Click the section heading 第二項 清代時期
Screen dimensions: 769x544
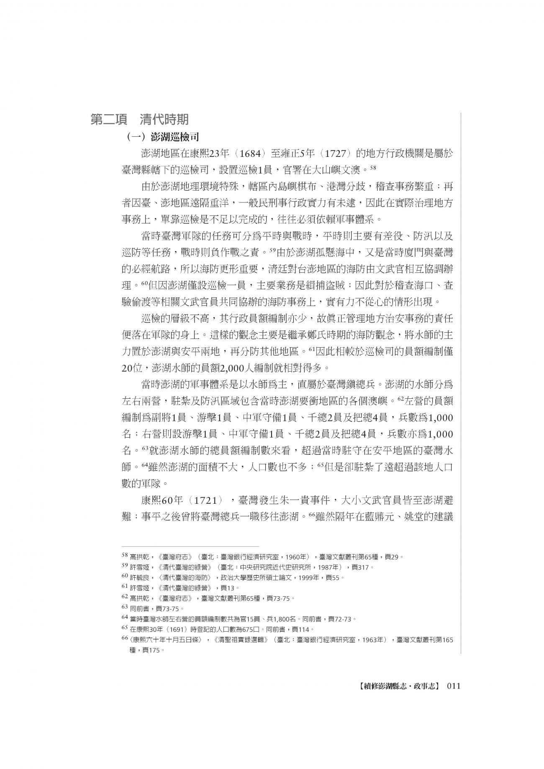139,120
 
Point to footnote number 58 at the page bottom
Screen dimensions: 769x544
124,557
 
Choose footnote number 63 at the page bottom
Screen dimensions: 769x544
124,607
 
